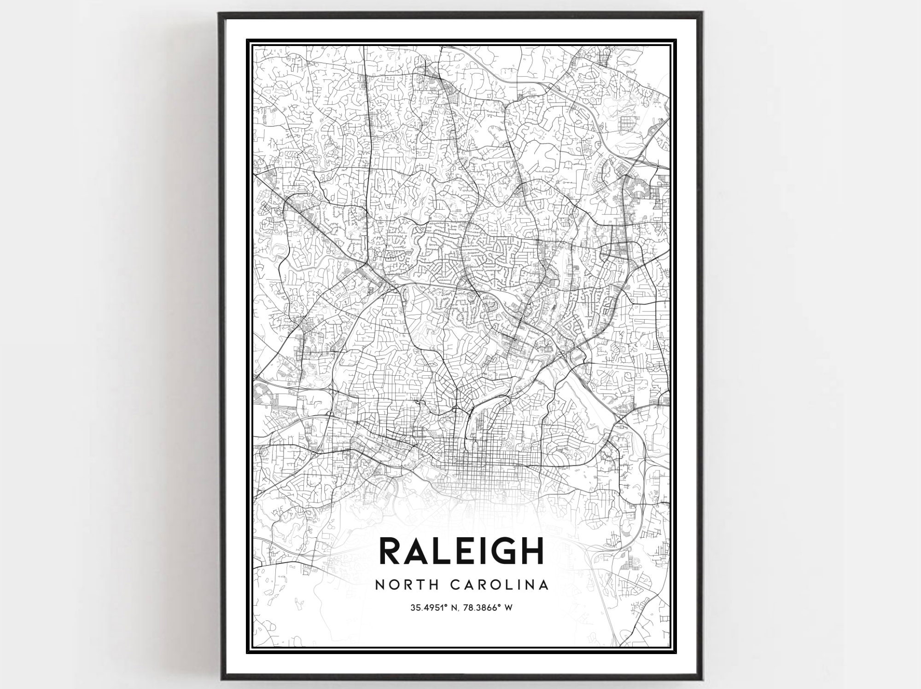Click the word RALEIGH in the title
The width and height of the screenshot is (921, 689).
point(461,550)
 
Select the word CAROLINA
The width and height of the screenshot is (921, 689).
point(498,585)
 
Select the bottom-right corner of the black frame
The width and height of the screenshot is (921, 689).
point(700,678)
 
